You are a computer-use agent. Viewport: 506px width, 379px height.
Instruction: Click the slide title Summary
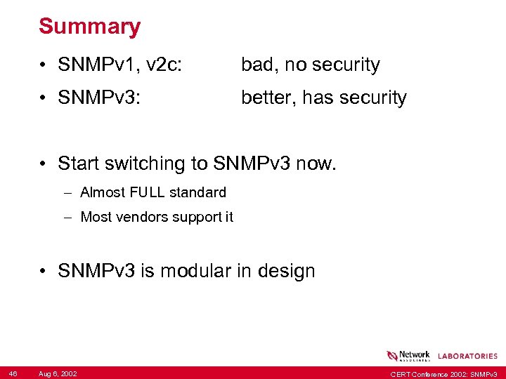pos(89,27)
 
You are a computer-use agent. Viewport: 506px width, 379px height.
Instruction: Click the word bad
pos(257,65)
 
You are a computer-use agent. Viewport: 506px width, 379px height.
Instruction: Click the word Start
pos(79,164)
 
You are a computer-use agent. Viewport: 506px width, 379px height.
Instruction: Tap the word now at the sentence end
pos(316,164)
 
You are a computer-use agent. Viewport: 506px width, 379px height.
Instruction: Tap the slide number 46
pos(13,373)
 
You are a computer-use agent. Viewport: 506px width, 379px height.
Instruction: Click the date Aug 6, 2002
pos(58,373)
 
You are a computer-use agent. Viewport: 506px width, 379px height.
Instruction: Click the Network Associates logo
pos(408,355)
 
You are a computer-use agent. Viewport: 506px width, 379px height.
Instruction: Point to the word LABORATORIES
pos(467,357)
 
